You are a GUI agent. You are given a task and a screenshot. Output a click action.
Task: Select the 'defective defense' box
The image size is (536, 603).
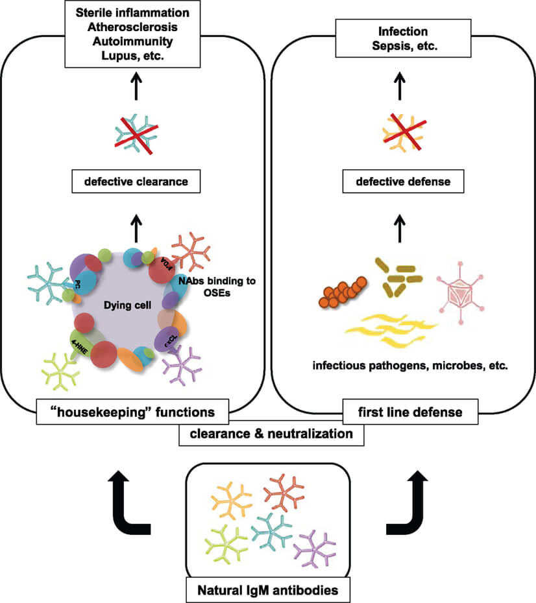tap(403, 182)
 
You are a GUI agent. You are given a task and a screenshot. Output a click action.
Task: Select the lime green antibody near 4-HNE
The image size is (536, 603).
tap(60, 373)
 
